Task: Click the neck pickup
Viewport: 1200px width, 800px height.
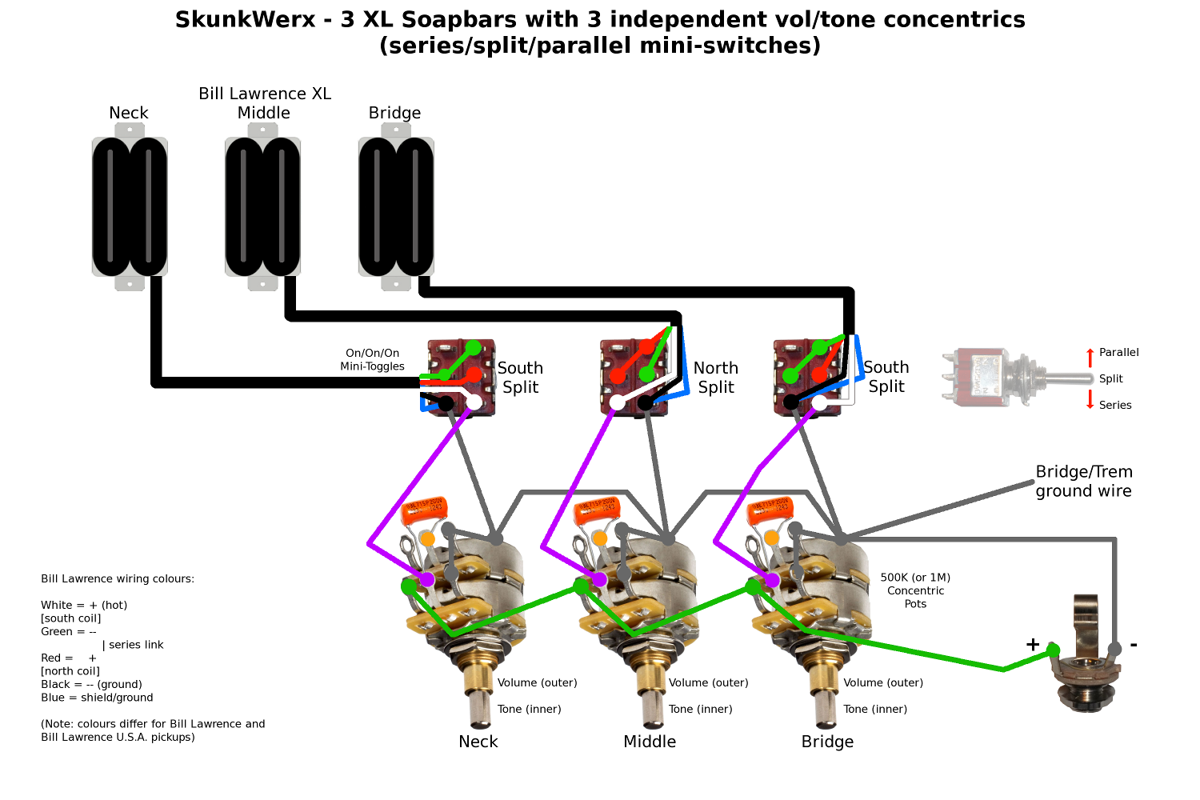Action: coord(130,207)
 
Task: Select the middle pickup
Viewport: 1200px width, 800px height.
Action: coord(262,207)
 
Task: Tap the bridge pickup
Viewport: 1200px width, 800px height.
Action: coord(396,207)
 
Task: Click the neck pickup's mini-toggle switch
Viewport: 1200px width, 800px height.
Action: coord(461,378)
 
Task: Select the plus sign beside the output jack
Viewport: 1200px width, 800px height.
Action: coord(1033,645)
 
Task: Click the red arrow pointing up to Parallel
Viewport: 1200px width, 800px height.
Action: coord(1090,357)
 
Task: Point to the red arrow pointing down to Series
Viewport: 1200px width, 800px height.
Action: coord(1090,400)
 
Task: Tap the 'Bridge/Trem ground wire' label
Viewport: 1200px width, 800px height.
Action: coord(1083,482)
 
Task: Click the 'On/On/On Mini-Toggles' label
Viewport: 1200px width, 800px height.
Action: coord(372,360)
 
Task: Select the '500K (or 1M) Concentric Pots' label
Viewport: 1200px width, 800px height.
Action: coord(915,590)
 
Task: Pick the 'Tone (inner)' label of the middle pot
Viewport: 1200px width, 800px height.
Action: coord(700,709)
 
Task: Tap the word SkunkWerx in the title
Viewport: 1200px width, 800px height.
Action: coord(246,19)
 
